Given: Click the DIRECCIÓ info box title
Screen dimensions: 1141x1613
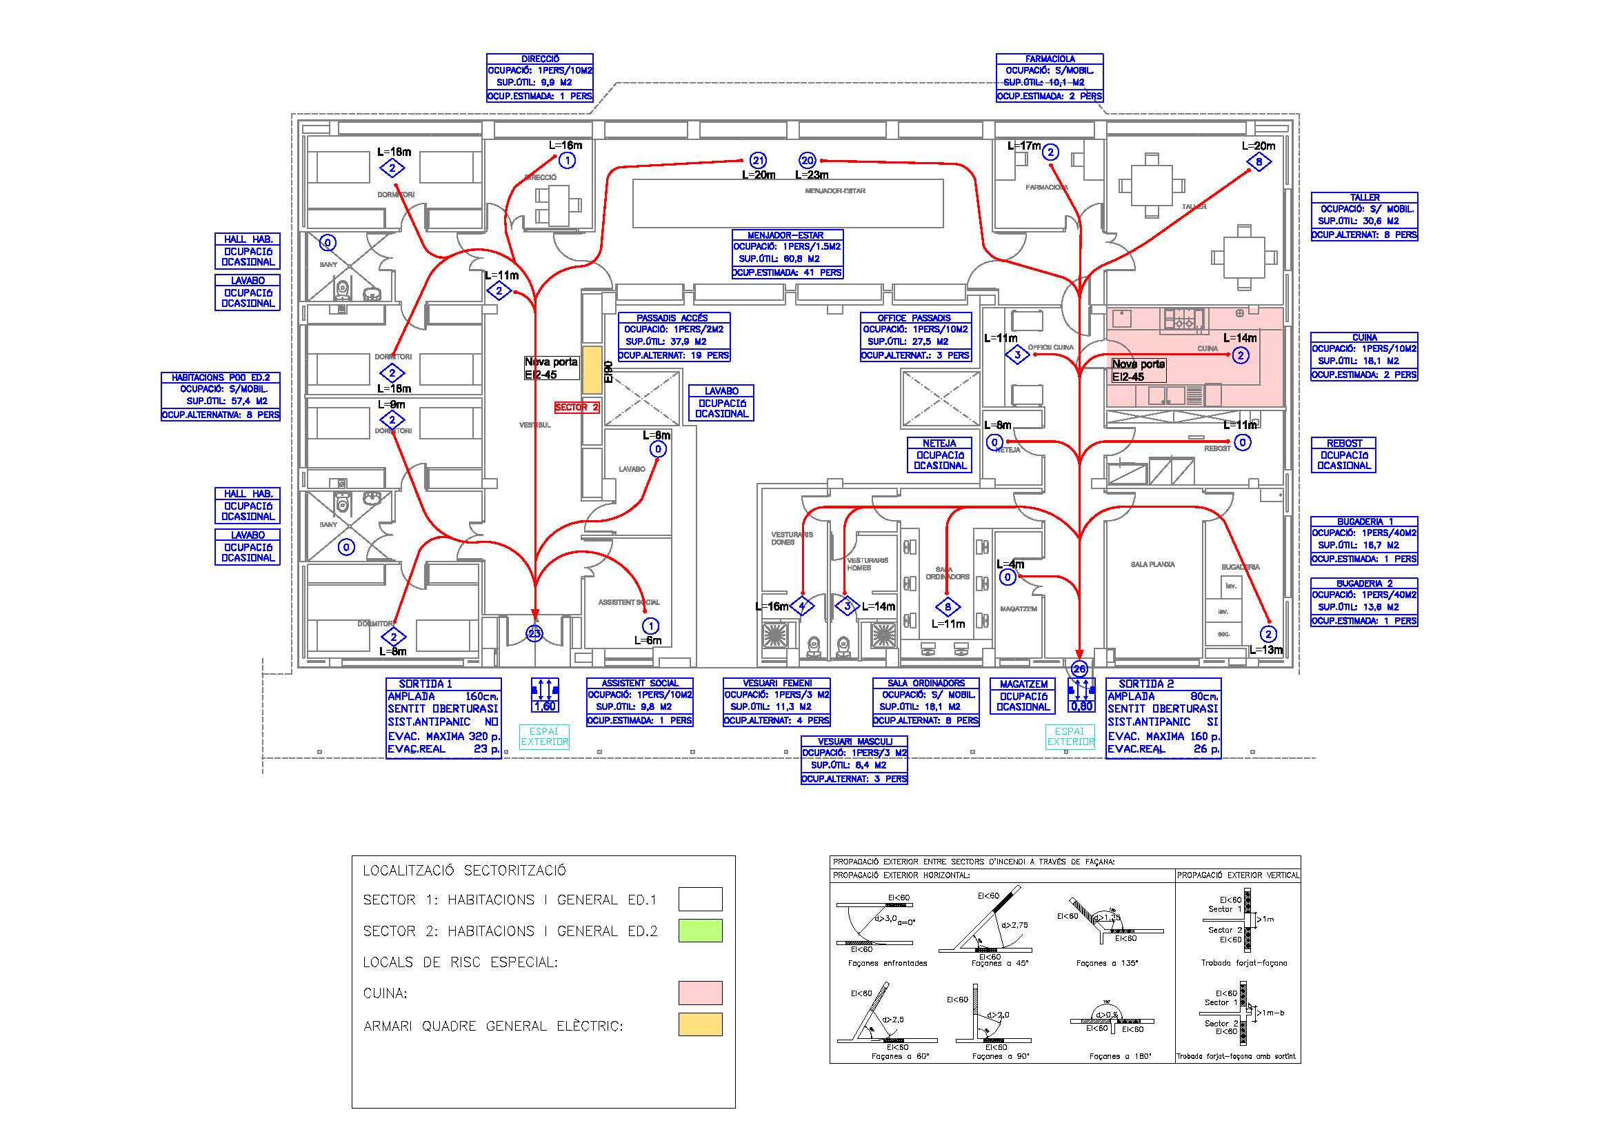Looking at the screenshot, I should click(539, 59).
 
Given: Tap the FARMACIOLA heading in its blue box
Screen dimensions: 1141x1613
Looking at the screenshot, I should click(1049, 59).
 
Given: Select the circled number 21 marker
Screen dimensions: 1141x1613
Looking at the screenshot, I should click(757, 161).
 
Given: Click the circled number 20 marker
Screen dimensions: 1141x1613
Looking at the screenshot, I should click(808, 161).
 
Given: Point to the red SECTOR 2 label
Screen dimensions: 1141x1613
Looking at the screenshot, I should click(577, 408).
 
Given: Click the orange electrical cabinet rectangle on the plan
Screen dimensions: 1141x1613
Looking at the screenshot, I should click(592, 370).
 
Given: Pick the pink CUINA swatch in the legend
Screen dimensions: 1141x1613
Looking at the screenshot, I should click(700, 993).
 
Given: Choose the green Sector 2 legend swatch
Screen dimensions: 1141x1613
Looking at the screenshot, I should click(700, 930).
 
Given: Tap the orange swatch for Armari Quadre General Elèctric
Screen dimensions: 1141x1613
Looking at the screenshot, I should click(700, 1024).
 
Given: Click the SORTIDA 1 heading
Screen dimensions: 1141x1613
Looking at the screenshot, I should click(425, 684).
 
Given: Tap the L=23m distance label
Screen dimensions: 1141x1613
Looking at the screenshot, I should click(812, 175).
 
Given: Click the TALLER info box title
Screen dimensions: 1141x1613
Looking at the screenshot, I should click(1364, 197).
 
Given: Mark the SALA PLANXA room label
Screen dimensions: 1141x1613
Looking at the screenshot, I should click(1152, 564).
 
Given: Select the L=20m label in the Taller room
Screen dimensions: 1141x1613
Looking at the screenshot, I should click(1259, 146).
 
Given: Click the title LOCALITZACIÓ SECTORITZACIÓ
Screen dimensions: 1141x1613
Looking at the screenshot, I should click(464, 871).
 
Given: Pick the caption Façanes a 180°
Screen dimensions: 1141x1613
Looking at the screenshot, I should click(1120, 1056).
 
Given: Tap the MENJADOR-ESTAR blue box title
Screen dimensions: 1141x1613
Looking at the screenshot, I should click(786, 235).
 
